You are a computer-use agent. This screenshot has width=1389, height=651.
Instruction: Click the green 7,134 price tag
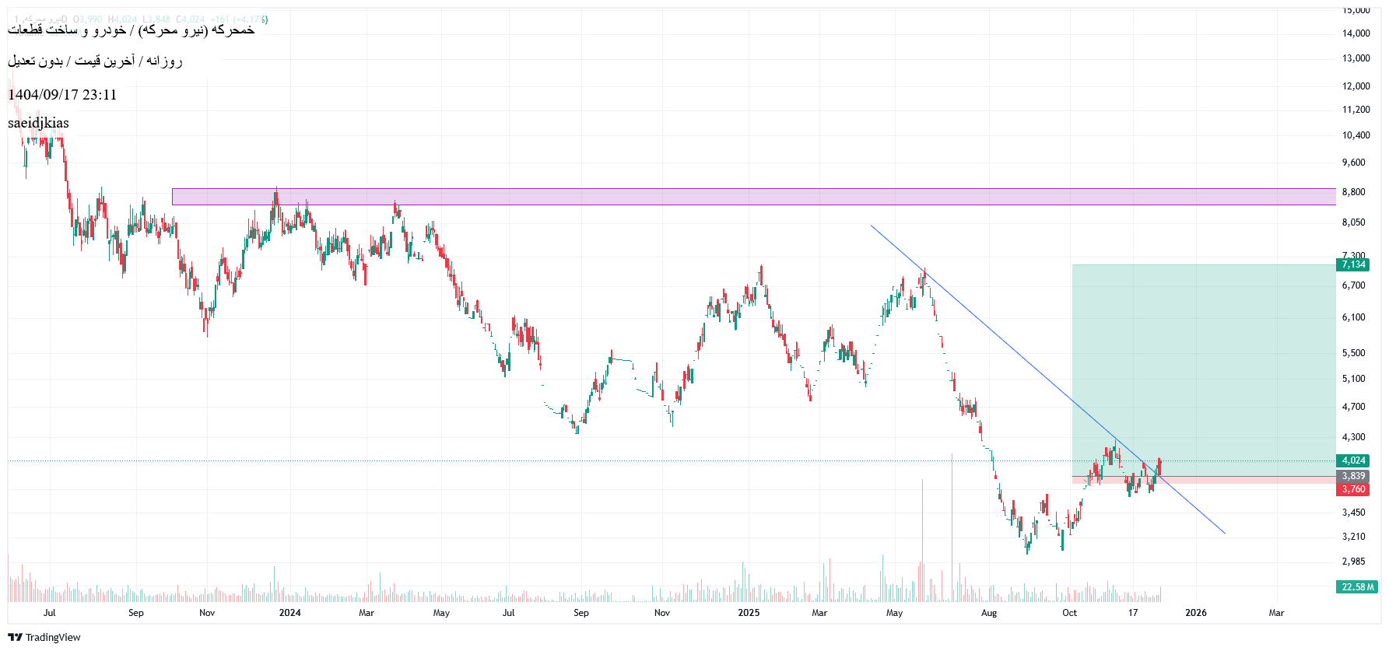pos(1353,264)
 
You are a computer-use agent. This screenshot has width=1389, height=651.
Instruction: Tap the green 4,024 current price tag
pos(1353,460)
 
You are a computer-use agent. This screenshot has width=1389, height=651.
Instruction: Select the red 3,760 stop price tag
pos(1353,489)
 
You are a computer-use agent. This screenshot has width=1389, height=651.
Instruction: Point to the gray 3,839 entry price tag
pos(1353,476)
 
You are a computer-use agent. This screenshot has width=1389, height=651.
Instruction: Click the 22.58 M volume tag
pos(1358,587)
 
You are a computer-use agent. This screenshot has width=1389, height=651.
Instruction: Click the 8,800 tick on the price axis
pos(1353,192)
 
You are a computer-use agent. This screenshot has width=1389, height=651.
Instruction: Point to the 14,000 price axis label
pos(1356,33)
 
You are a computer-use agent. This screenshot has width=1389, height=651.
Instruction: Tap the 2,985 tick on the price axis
pos(1353,562)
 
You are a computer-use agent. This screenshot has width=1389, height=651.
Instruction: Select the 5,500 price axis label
pos(1353,353)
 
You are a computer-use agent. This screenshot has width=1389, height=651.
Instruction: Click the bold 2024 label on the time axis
pos(289,613)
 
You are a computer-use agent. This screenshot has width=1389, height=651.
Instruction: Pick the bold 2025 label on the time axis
pos(749,613)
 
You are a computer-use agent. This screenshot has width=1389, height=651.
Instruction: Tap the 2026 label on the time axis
pos(1195,613)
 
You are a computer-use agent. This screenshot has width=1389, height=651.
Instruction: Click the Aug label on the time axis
pos(988,613)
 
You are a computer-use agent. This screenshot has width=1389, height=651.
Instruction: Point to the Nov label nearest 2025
pos(662,613)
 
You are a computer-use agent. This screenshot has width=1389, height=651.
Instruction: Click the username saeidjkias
pos(38,123)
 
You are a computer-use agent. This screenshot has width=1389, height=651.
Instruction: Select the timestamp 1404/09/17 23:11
pos(62,95)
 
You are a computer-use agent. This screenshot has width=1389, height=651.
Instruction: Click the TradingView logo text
pos(53,638)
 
